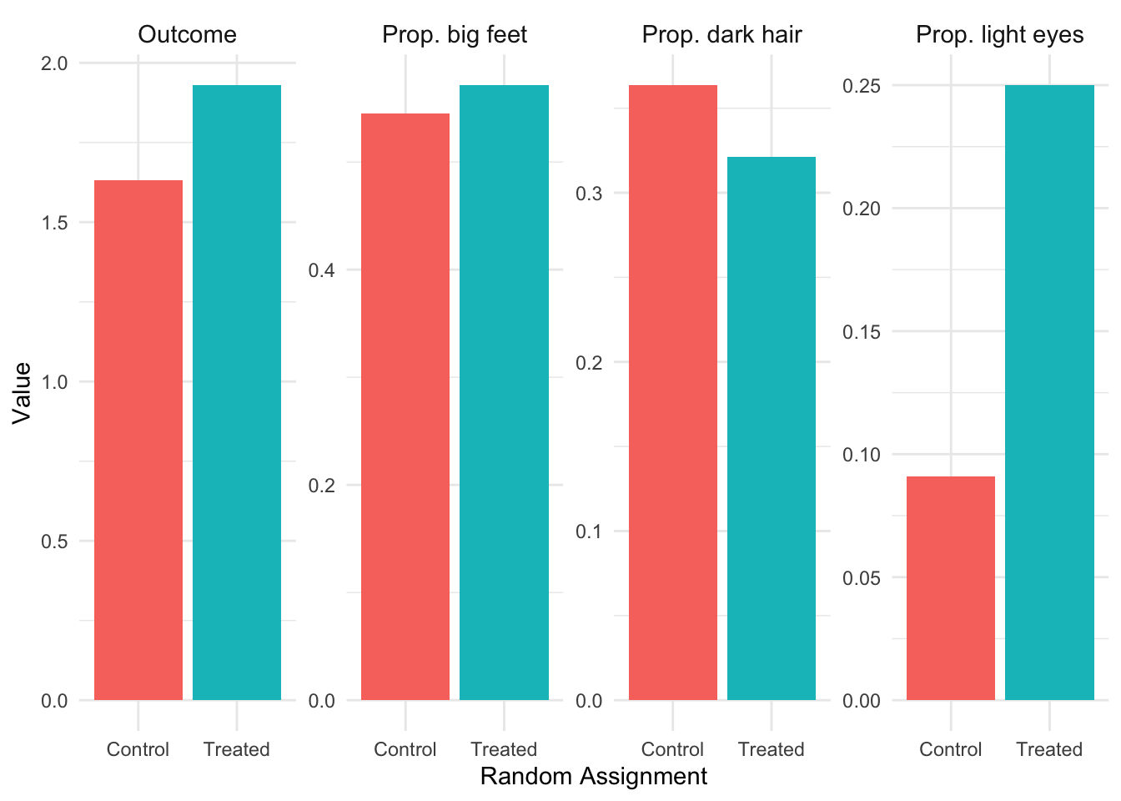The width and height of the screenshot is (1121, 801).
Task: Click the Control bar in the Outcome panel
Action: coord(138,440)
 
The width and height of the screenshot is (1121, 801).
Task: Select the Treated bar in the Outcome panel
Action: coord(237,392)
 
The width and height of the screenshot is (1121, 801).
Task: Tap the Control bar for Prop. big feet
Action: coord(405,406)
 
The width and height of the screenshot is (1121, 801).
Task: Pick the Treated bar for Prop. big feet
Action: coord(504,392)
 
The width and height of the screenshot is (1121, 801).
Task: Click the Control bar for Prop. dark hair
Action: coord(673,392)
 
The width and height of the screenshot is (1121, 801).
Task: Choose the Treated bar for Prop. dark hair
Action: coord(772,428)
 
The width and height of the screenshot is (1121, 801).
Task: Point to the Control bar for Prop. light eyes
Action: coord(950,588)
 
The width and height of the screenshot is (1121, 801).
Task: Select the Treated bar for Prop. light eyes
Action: coord(1049,392)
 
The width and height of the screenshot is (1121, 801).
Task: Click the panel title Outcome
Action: coord(188,35)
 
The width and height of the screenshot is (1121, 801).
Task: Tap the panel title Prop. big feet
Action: coord(455,35)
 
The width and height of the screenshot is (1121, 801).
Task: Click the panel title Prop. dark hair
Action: coord(721,35)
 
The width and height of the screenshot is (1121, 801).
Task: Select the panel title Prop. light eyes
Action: coord(999,35)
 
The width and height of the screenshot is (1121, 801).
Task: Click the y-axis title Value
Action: coord(22,392)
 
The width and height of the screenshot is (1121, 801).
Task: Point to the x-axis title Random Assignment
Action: coord(594,777)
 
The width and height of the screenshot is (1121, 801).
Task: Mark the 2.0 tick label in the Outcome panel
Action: coord(55,63)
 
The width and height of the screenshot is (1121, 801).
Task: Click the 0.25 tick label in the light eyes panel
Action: coord(862,85)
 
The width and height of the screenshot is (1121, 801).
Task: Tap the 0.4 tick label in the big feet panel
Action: coord(322,270)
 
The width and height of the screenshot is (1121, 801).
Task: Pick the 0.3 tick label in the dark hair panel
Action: coord(589,194)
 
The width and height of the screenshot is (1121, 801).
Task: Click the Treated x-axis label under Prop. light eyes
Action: coord(1049,749)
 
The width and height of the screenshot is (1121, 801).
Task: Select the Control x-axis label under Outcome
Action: coord(138,749)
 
